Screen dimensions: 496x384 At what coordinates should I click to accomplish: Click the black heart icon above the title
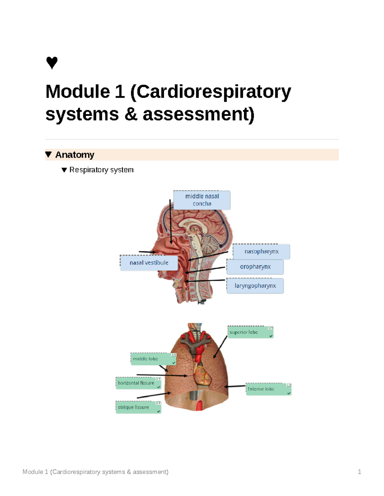[52, 63]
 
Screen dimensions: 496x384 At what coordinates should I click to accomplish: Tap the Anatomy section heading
[75, 155]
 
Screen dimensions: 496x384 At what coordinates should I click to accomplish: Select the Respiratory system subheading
[101, 170]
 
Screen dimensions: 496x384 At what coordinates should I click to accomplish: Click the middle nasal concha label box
[202, 200]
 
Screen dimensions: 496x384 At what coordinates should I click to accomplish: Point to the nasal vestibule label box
[149, 263]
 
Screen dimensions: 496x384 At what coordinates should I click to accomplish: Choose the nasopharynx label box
[261, 252]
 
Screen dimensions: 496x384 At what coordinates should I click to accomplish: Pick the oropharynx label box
[255, 267]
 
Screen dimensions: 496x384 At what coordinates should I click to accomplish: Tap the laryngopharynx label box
[255, 286]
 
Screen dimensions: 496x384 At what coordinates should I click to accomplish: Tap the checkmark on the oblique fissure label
[158, 411]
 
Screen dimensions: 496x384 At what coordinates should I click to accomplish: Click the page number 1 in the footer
[359, 472]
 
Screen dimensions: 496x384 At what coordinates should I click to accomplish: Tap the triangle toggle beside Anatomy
[49, 155]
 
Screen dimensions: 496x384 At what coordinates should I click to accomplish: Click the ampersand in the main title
[131, 114]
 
